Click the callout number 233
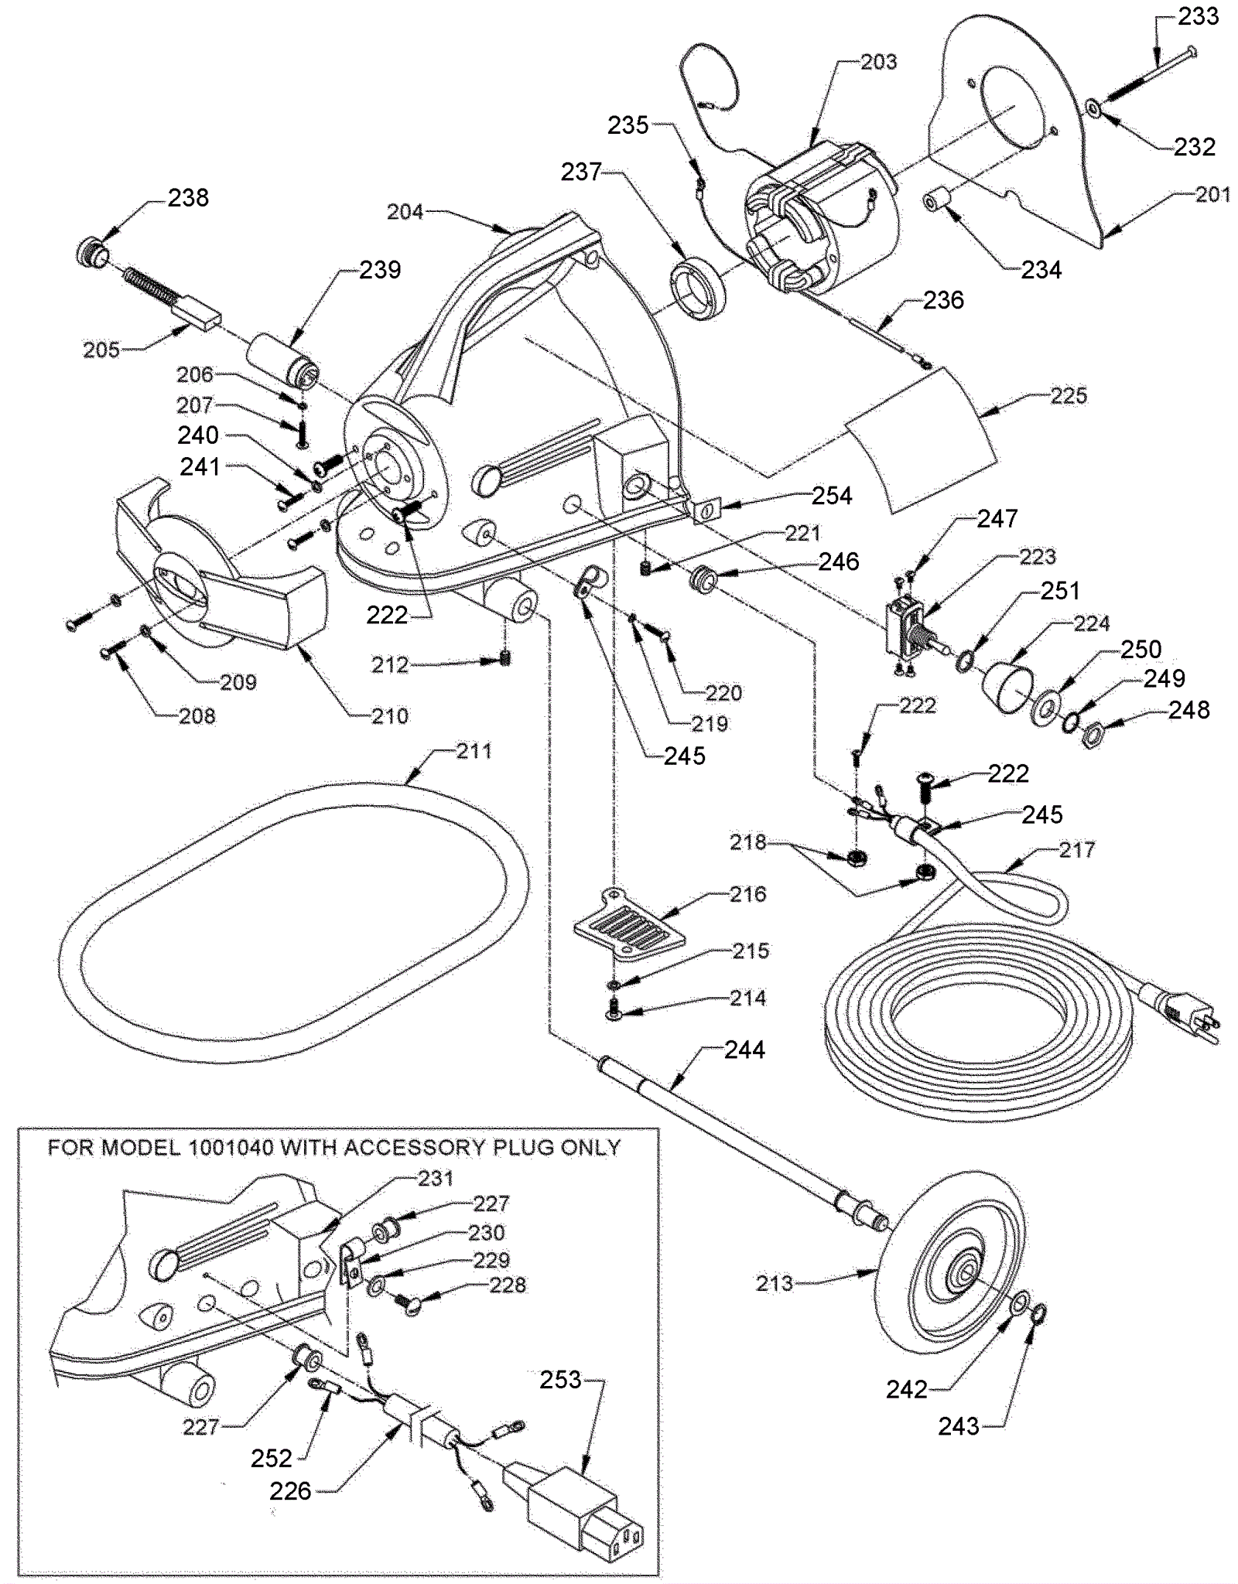click(x=1199, y=16)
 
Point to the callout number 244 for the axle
click(x=744, y=1050)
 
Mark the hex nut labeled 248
click(x=1098, y=729)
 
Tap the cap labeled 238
click(x=93, y=253)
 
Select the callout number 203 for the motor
click(x=878, y=62)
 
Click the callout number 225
click(x=1069, y=396)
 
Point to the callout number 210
click(x=389, y=716)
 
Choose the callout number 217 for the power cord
click(x=1076, y=850)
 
